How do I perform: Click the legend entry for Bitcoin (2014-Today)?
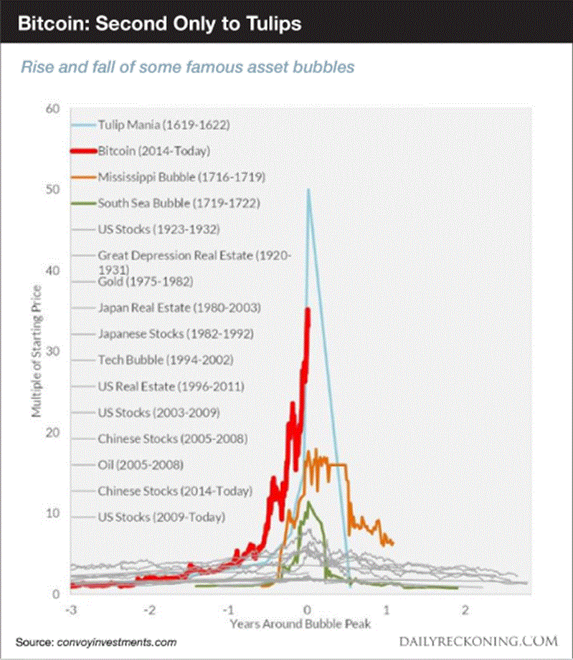coord(154,151)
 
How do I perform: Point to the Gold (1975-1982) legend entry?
coord(145,281)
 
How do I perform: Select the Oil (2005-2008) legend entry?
coord(140,464)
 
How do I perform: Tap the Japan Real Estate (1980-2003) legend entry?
coord(179,307)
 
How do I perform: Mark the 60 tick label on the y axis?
coord(52,108)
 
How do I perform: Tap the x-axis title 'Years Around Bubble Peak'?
coord(300,624)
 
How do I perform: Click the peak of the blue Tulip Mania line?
coord(308,190)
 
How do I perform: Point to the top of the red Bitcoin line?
coord(308,309)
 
